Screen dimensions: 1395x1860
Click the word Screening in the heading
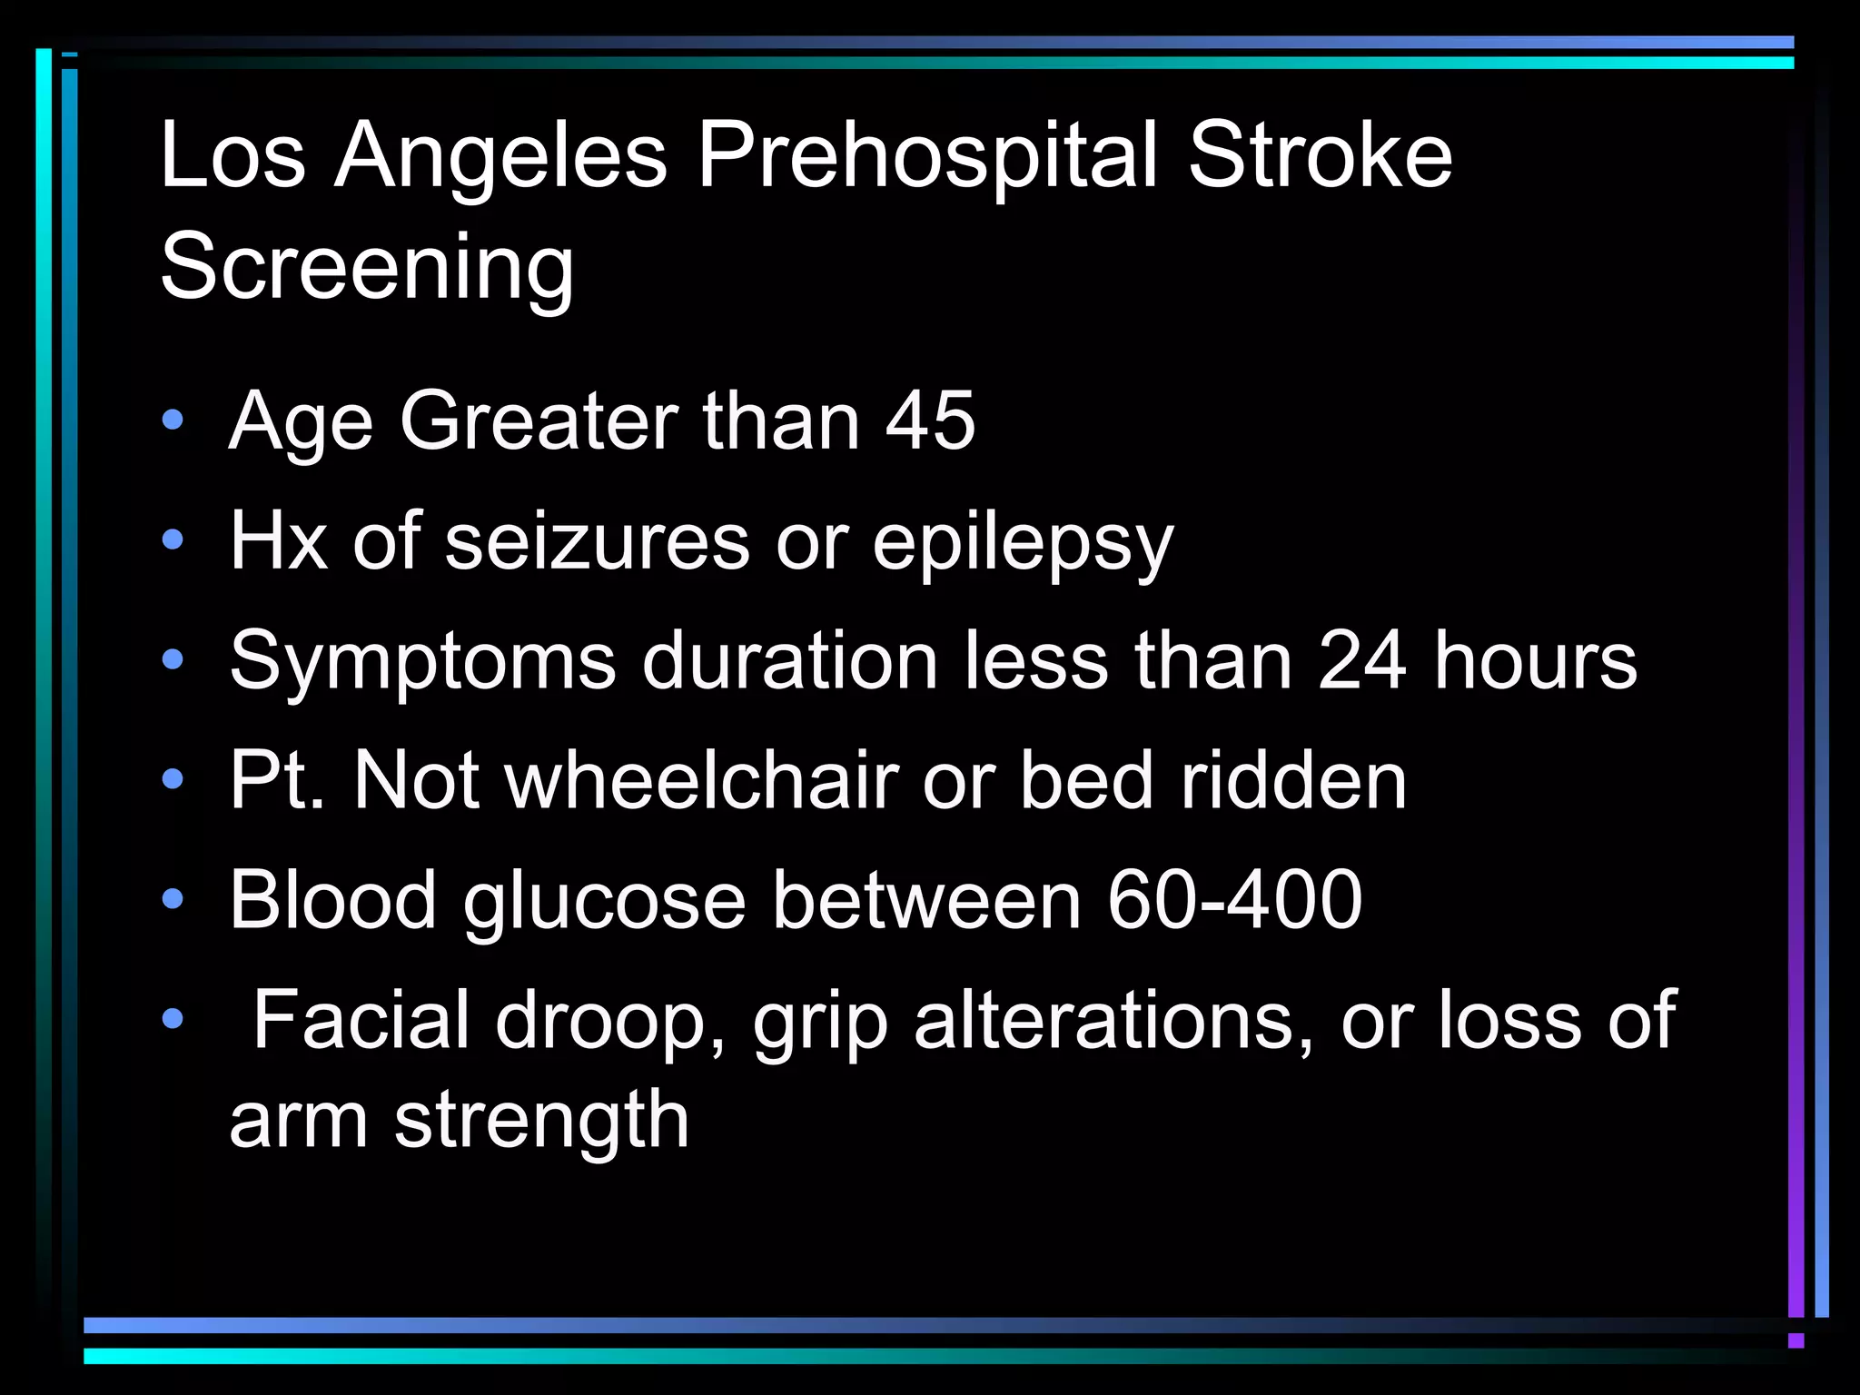(367, 267)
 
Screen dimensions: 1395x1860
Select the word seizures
(598, 541)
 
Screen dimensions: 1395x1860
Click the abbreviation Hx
(278, 541)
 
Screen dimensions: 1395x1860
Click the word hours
(1535, 661)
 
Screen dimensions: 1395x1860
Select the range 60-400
(1234, 900)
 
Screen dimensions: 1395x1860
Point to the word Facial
(361, 1020)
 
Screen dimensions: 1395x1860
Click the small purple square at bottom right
(1796, 1341)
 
